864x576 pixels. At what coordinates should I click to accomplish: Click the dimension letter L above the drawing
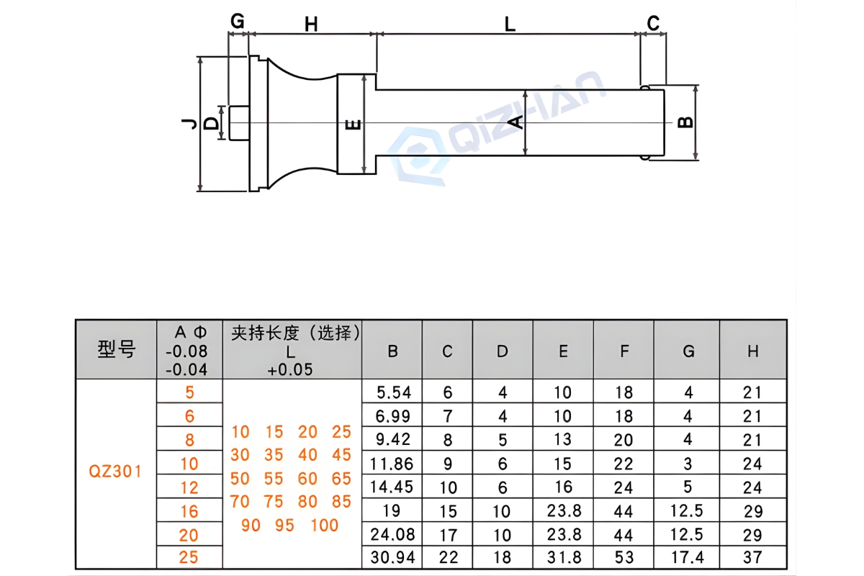[x=510, y=24]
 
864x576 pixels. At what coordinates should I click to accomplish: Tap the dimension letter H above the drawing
[x=311, y=24]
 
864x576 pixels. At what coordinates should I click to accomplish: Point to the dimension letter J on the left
[x=189, y=124]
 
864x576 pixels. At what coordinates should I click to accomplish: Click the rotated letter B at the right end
[x=687, y=122]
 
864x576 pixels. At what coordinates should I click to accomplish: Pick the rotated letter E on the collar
[x=353, y=125]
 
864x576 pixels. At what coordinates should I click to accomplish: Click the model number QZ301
[x=115, y=472]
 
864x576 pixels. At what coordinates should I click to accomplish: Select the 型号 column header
[x=116, y=351]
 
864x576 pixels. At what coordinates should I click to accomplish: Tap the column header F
[x=624, y=351]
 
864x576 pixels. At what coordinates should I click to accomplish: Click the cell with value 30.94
[x=392, y=557]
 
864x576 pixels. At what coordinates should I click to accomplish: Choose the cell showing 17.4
[x=688, y=557]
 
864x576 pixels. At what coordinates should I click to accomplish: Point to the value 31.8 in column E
[x=563, y=557]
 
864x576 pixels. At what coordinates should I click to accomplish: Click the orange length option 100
[x=325, y=525]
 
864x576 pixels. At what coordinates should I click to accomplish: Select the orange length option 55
[x=274, y=478]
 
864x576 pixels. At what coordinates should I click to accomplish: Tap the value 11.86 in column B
[x=392, y=463]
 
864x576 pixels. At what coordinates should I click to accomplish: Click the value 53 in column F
[x=624, y=557]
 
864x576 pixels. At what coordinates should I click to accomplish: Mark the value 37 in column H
[x=752, y=557]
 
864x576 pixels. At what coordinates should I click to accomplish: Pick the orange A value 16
[x=189, y=511]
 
